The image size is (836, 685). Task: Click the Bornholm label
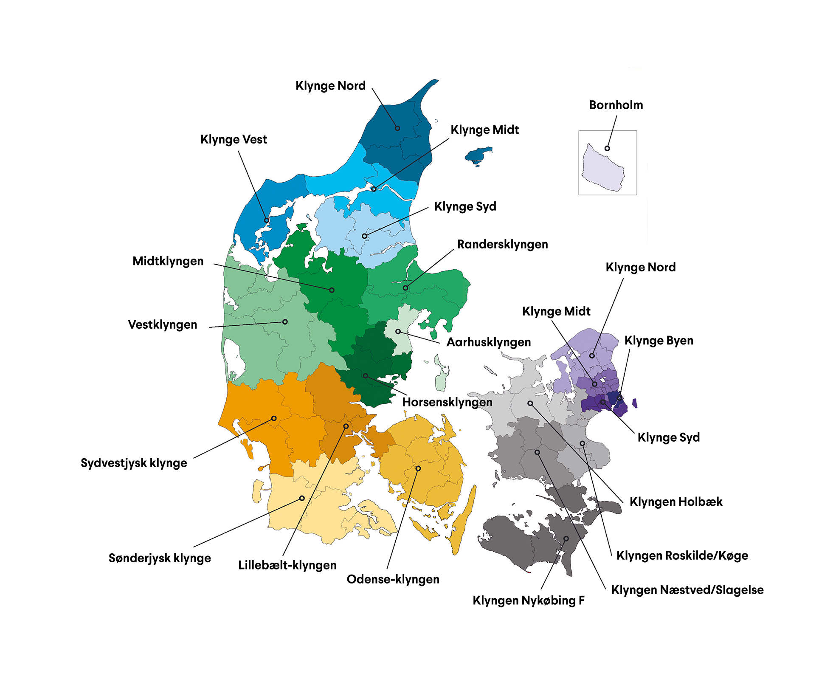616,105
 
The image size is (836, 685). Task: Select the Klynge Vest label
234,139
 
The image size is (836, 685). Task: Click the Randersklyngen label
502,244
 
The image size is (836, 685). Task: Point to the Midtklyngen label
168,261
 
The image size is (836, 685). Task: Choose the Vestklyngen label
162,324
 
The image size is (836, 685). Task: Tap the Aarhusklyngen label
488,342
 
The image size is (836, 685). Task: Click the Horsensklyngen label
447,402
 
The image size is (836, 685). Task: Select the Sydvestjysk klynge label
134,462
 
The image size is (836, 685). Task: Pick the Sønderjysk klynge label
160,558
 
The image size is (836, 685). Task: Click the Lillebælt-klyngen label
287,565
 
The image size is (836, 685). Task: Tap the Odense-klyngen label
393,579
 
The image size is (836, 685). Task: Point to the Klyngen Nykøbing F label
528,600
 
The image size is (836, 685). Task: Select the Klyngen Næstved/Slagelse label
687,589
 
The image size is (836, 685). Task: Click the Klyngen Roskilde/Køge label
682,555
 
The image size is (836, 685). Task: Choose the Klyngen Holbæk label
676,502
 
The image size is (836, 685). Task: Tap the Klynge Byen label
659,340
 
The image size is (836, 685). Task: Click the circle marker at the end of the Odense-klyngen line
418,468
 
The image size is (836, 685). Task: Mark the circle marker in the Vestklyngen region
285,322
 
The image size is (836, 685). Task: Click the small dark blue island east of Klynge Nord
479,156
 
